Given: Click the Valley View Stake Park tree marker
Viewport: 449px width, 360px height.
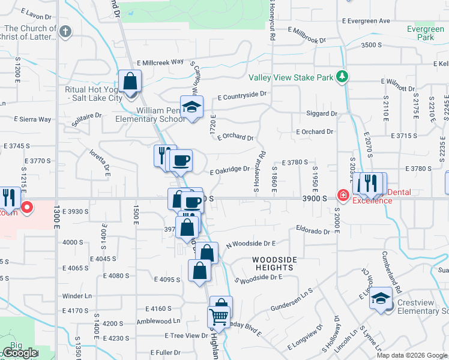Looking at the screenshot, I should tap(342, 76).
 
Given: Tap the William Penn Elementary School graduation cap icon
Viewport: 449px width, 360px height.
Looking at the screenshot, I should tap(192, 107).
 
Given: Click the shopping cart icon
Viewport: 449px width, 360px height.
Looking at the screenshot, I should tap(219, 316).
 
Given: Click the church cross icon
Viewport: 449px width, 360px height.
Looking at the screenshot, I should tap(65, 31).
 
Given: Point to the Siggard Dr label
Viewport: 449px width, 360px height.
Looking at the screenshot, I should tap(322, 113).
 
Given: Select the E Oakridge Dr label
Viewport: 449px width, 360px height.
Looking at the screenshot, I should tap(229, 169).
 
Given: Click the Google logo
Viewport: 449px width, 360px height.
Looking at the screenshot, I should tap(19, 353).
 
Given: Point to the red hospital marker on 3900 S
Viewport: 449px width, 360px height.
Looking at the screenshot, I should tap(343, 195).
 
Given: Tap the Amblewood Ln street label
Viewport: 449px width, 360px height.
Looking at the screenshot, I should tap(159, 322).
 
